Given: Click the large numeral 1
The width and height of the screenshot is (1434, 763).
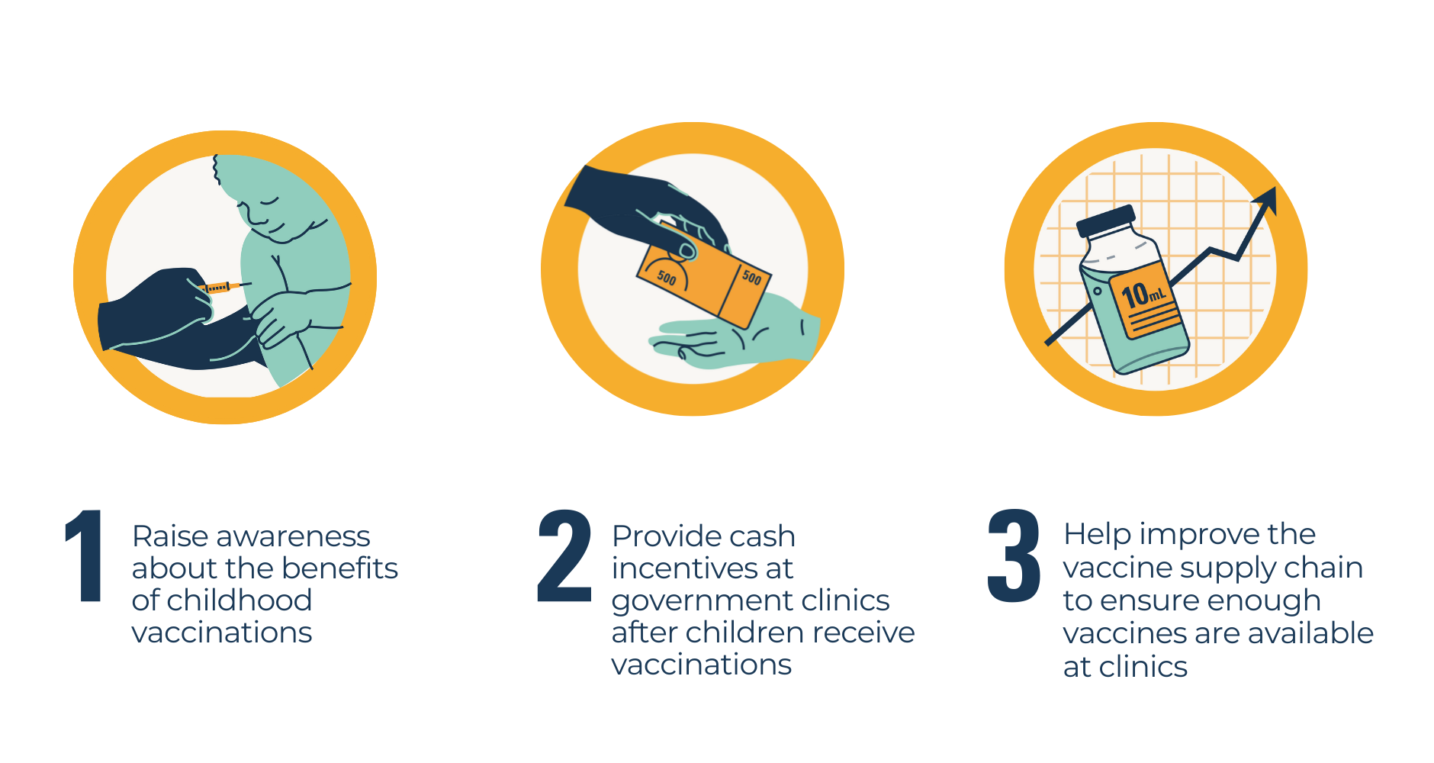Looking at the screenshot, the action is pyautogui.click(x=85, y=555).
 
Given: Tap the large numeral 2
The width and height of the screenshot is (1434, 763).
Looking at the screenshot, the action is pyautogui.click(x=564, y=555).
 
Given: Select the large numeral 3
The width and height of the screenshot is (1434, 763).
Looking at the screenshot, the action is pyautogui.click(x=1014, y=555).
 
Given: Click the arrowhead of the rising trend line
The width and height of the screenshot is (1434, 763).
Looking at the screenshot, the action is pyautogui.click(x=1266, y=200).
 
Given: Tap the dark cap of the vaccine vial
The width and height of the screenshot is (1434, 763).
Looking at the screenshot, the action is pyautogui.click(x=1105, y=221).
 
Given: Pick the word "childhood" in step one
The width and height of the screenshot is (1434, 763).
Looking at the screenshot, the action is pyautogui.click(x=239, y=600).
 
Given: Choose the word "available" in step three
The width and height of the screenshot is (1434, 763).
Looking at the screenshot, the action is pyautogui.click(x=1310, y=633).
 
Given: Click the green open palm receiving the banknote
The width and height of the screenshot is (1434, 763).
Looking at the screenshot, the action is pyautogui.click(x=732, y=336).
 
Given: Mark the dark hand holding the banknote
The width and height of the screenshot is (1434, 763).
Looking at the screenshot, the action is pyautogui.click(x=648, y=210).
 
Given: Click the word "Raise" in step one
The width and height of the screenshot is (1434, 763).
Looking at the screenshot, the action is pyautogui.click(x=171, y=536).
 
